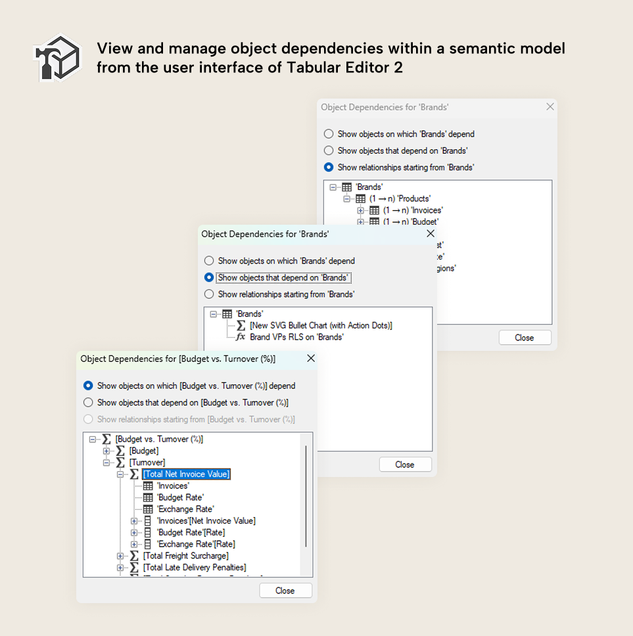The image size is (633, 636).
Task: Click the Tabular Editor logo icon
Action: pyautogui.click(x=57, y=58)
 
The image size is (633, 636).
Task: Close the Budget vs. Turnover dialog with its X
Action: pyautogui.click(x=311, y=358)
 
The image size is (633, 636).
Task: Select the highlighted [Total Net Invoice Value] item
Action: pyautogui.click(x=186, y=474)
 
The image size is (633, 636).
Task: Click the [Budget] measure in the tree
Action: pyautogui.click(x=144, y=451)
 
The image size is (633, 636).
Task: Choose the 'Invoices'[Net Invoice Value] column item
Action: pyautogui.click(x=206, y=521)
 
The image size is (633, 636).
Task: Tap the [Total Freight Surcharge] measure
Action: pyautogui.click(x=185, y=556)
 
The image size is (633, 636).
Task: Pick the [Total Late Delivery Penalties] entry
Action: pyautogui.click(x=194, y=568)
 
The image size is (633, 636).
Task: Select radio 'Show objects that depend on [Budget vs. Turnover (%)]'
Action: pyautogui.click(x=89, y=403)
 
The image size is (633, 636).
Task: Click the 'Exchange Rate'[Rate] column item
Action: pyautogui.click(x=195, y=544)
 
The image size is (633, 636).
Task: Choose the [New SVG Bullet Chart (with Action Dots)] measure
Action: pyautogui.click(x=321, y=325)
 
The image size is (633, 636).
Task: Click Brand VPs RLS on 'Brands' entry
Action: pyautogui.click(x=296, y=337)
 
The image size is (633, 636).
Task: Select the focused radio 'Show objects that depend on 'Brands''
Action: pyautogui.click(x=209, y=278)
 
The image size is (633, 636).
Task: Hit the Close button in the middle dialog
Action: pyautogui.click(x=405, y=465)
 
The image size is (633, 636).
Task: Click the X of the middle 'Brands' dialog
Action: pyautogui.click(x=431, y=233)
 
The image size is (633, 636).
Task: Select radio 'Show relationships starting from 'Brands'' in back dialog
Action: pyautogui.click(x=329, y=168)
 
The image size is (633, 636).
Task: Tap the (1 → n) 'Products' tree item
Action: pyautogui.click(x=400, y=198)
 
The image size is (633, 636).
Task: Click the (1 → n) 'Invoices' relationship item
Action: pyautogui.click(x=413, y=210)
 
